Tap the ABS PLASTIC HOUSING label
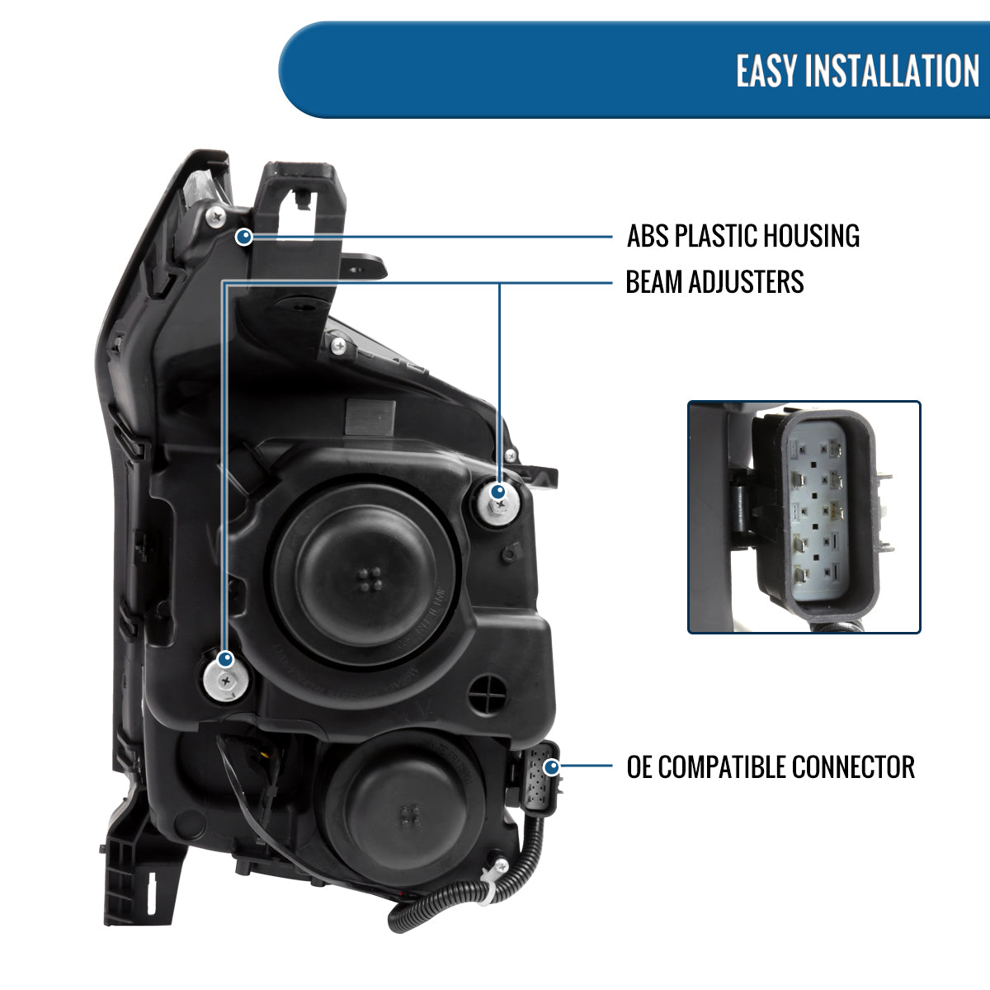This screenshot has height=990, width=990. pos(742,236)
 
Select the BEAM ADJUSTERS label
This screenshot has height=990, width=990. pos(714,282)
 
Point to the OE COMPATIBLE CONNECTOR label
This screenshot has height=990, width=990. pos(771,766)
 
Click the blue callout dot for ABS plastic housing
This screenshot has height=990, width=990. pos(244,238)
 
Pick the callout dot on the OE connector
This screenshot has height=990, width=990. pos(550,766)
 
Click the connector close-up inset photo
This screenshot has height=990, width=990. pos(804,517)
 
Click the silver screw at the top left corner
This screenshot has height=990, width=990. pos(216,216)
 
